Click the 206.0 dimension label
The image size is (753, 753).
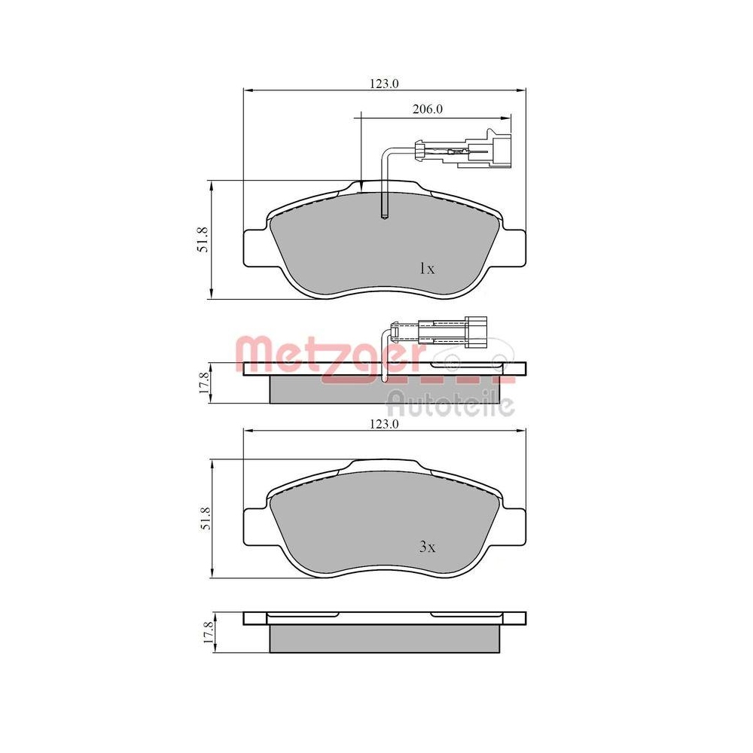(427, 109)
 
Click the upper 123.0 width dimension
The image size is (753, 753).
(383, 84)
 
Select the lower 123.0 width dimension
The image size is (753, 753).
(383, 425)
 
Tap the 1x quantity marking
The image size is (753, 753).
(426, 268)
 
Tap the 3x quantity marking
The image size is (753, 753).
(426, 547)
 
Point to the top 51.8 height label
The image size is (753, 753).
(203, 239)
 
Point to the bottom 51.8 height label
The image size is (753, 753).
(203, 520)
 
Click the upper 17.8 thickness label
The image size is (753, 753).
(203, 383)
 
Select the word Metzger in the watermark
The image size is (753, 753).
(328, 351)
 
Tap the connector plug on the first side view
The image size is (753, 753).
(476, 331)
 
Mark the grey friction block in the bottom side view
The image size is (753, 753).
(384, 639)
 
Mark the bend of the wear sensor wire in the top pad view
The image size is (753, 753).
(386, 153)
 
